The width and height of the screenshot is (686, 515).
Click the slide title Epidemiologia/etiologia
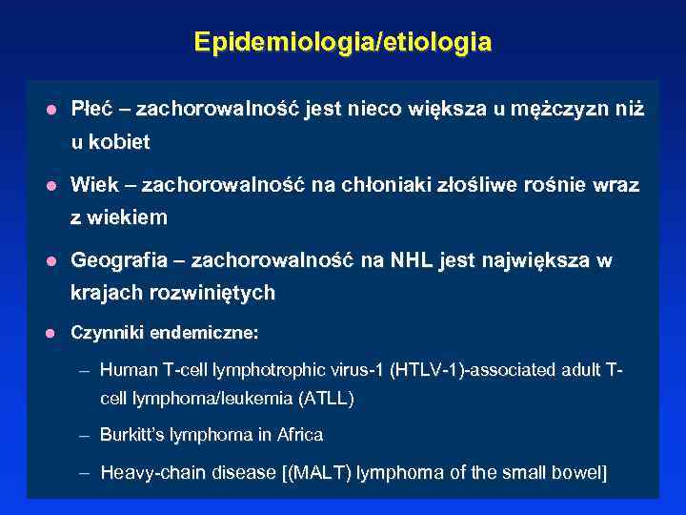pos(343,43)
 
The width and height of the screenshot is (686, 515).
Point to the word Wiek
pos(92,184)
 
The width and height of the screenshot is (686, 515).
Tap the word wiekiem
pos(130,217)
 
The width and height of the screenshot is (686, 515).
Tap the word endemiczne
pos(210,334)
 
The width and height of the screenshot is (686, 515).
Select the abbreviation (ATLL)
pos(326,399)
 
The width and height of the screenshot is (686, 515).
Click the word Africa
pos(299,435)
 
